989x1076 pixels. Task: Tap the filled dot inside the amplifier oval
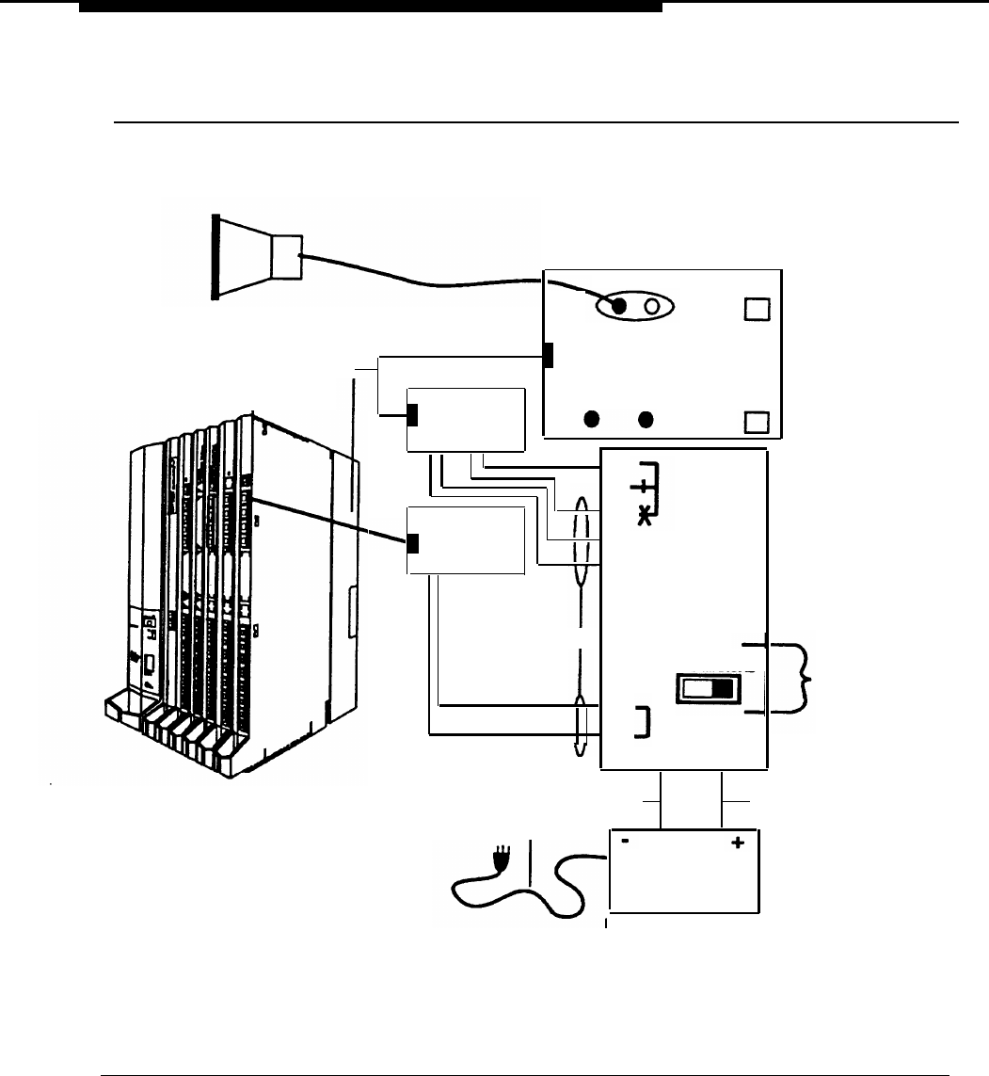click(620, 306)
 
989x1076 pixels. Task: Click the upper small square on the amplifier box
click(756, 309)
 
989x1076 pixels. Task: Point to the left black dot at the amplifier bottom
click(593, 417)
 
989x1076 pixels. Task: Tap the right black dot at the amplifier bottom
click(646, 417)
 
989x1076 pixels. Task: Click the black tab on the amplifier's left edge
click(548, 355)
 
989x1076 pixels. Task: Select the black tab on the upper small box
click(412, 414)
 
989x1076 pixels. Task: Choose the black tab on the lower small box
click(412, 543)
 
